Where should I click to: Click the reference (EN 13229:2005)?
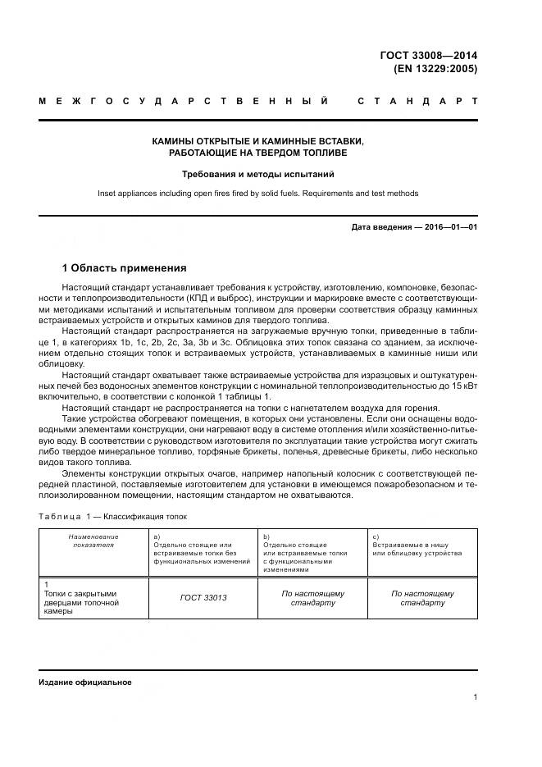point(436,69)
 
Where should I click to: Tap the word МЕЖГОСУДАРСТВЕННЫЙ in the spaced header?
point(184,102)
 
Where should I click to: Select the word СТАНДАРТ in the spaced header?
point(417,102)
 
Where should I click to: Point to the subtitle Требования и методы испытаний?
point(257,174)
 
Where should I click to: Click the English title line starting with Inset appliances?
point(257,194)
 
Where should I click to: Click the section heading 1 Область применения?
point(125,267)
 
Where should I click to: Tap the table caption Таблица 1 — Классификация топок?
point(113,517)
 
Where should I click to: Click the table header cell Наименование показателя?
point(93,540)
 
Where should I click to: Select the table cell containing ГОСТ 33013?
point(203,597)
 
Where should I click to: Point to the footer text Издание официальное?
point(85,683)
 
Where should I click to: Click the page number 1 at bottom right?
point(475,697)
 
